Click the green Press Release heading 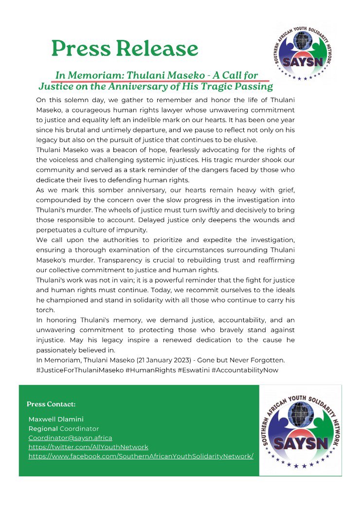tap(125, 49)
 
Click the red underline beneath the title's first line tap(161, 81)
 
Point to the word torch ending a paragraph tap(45, 310)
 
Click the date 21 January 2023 tap(187, 360)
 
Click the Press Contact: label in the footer tap(51, 404)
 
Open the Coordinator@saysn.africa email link tap(70, 438)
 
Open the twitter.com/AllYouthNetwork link tap(88, 447)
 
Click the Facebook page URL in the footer tap(141, 456)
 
